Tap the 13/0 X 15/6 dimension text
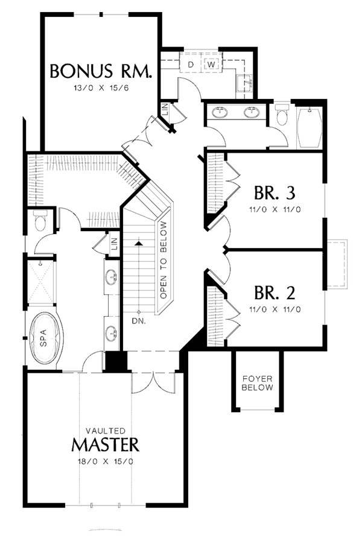[101, 88]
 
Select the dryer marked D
[191, 64]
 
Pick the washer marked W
[212, 64]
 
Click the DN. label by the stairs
[138, 321]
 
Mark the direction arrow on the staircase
[139, 243]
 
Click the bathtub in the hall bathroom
[313, 126]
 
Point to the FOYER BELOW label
[257, 383]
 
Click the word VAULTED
[106, 431]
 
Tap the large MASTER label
[106, 445]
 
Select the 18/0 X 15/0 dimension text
[106, 462]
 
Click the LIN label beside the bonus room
[164, 109]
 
